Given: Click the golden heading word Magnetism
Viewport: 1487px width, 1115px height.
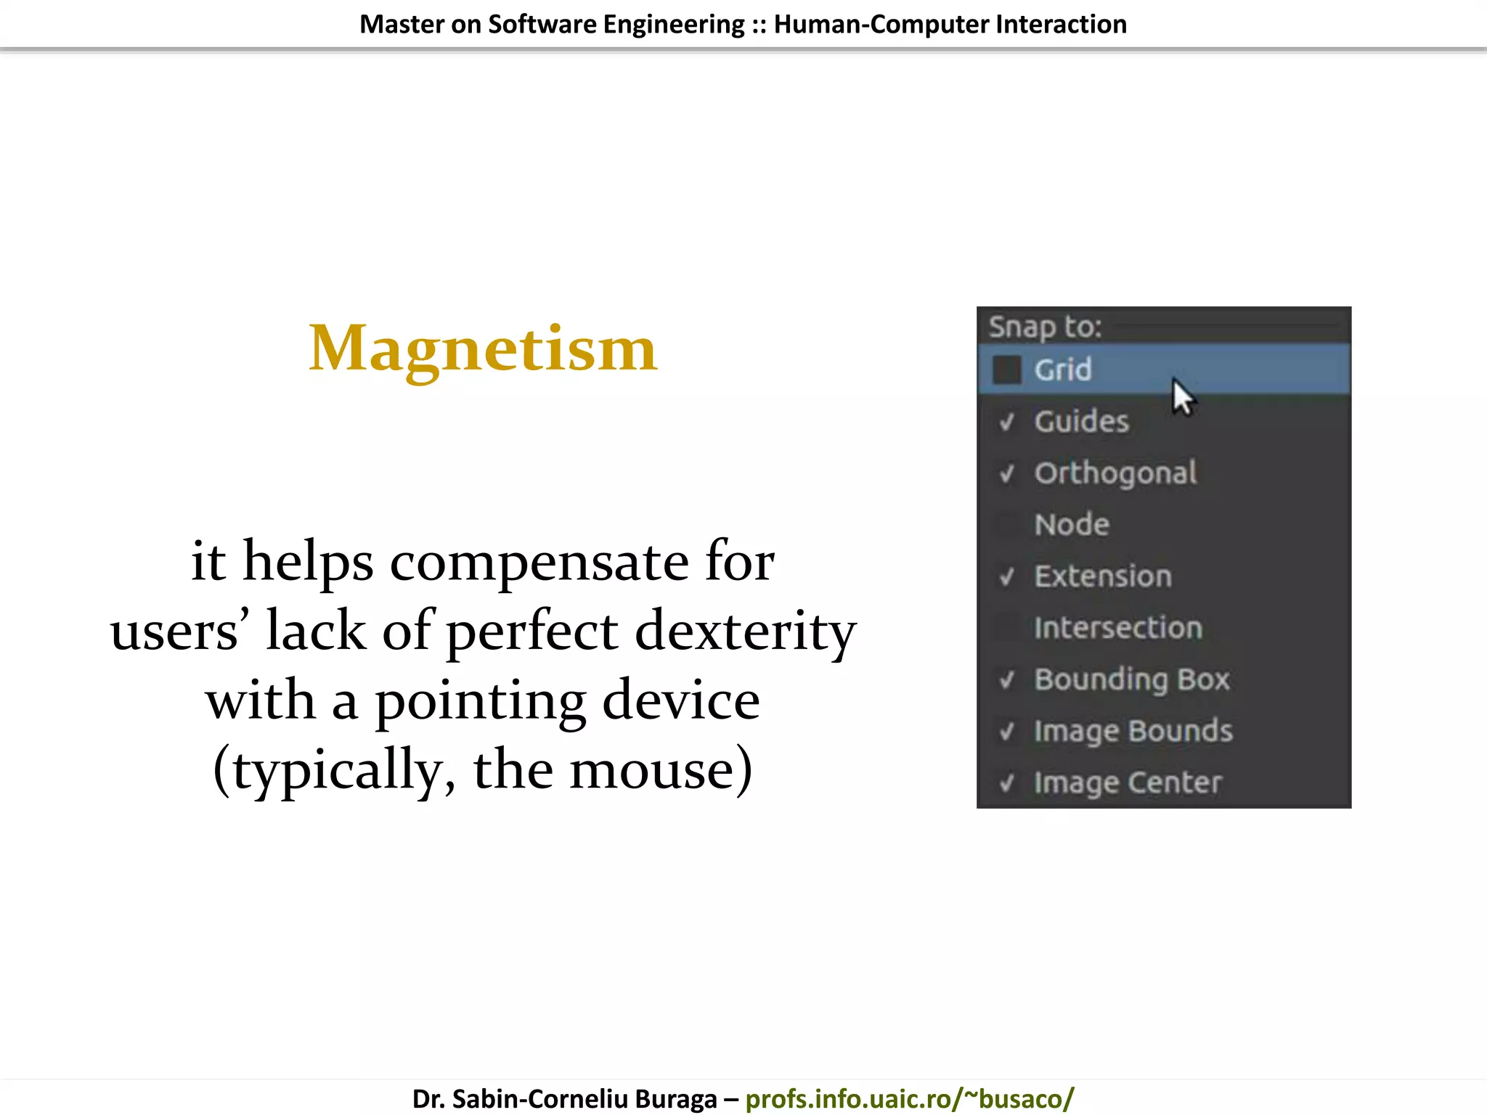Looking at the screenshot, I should (x=483, y=349).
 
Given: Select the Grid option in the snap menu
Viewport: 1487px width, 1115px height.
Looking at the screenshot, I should (x=1063, y=370).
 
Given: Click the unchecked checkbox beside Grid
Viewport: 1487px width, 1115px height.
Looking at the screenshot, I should (x=1006, y=369).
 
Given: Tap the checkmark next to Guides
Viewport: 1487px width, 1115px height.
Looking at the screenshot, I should (x=1006, y=422).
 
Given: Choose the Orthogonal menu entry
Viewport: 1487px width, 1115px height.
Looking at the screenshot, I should (x=1115, y=473).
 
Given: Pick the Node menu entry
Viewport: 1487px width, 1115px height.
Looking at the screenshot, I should (x=1072, y=525).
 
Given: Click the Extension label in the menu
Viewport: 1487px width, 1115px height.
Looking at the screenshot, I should (x=1103, y=576).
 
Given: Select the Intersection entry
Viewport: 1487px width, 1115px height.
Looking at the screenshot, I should (x=1118, y=628).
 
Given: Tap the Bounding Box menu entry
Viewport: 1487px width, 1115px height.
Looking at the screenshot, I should (x=1132, y=679).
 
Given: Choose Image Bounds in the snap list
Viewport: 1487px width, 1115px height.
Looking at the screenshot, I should (x=1133, y=731).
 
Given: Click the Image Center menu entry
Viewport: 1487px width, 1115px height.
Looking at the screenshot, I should (x=1128, y=783).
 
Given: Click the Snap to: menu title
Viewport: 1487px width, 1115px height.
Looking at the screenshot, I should (x=1045, y=327).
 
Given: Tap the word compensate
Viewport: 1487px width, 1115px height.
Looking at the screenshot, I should (x=539, y=562).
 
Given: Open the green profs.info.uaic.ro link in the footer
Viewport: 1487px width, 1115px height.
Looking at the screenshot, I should (x=909, y=1098).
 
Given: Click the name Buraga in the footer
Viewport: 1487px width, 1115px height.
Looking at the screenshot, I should (x=675, y=1098).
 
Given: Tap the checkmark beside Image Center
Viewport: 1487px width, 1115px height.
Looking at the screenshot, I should (x=1006, y=783).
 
